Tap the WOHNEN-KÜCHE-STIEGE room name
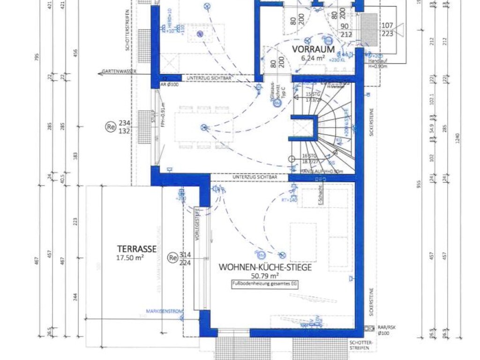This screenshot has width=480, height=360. point(265,267)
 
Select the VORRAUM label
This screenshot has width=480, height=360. point(314,49)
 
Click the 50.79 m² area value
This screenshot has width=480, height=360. point(265,276)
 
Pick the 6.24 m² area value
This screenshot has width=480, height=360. point(314,58)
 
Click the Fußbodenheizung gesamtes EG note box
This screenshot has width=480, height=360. point(265,284)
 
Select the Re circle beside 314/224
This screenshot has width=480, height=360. point(173,257)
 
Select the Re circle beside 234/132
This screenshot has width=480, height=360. point(111,127)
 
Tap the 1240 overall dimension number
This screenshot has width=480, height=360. point(457,136)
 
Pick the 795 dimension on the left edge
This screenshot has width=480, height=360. point(37,56)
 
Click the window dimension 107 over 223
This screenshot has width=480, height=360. point(387,29)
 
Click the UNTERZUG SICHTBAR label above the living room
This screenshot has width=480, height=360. point(255,177)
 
